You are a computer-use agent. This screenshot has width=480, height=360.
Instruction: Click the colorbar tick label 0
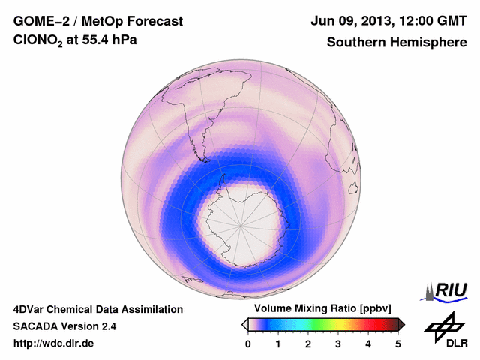pyautogui.click(x=248, y=343)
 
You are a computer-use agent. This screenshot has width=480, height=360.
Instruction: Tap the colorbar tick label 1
pyautogui.click(x=278, y=343)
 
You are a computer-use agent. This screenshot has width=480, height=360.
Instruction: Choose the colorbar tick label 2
pyautogui.click(x=308, y=343)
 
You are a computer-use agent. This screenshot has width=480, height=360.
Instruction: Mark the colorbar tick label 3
pyautogui.click(x=338, y=343)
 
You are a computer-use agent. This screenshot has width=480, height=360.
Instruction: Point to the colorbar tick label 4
pyautogui.click(x=368, y=343)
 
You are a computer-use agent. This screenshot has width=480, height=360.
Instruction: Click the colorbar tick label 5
pyautogui.click(x=398, y=343)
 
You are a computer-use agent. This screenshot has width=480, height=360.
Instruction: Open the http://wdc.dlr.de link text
pyautogui.click(x=54, y=343)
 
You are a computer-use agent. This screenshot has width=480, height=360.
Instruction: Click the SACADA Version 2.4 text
pyautogui.click(x=64, y=326)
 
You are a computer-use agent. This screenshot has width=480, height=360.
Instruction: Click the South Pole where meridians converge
pyautogui.click(x=240, y=223)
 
